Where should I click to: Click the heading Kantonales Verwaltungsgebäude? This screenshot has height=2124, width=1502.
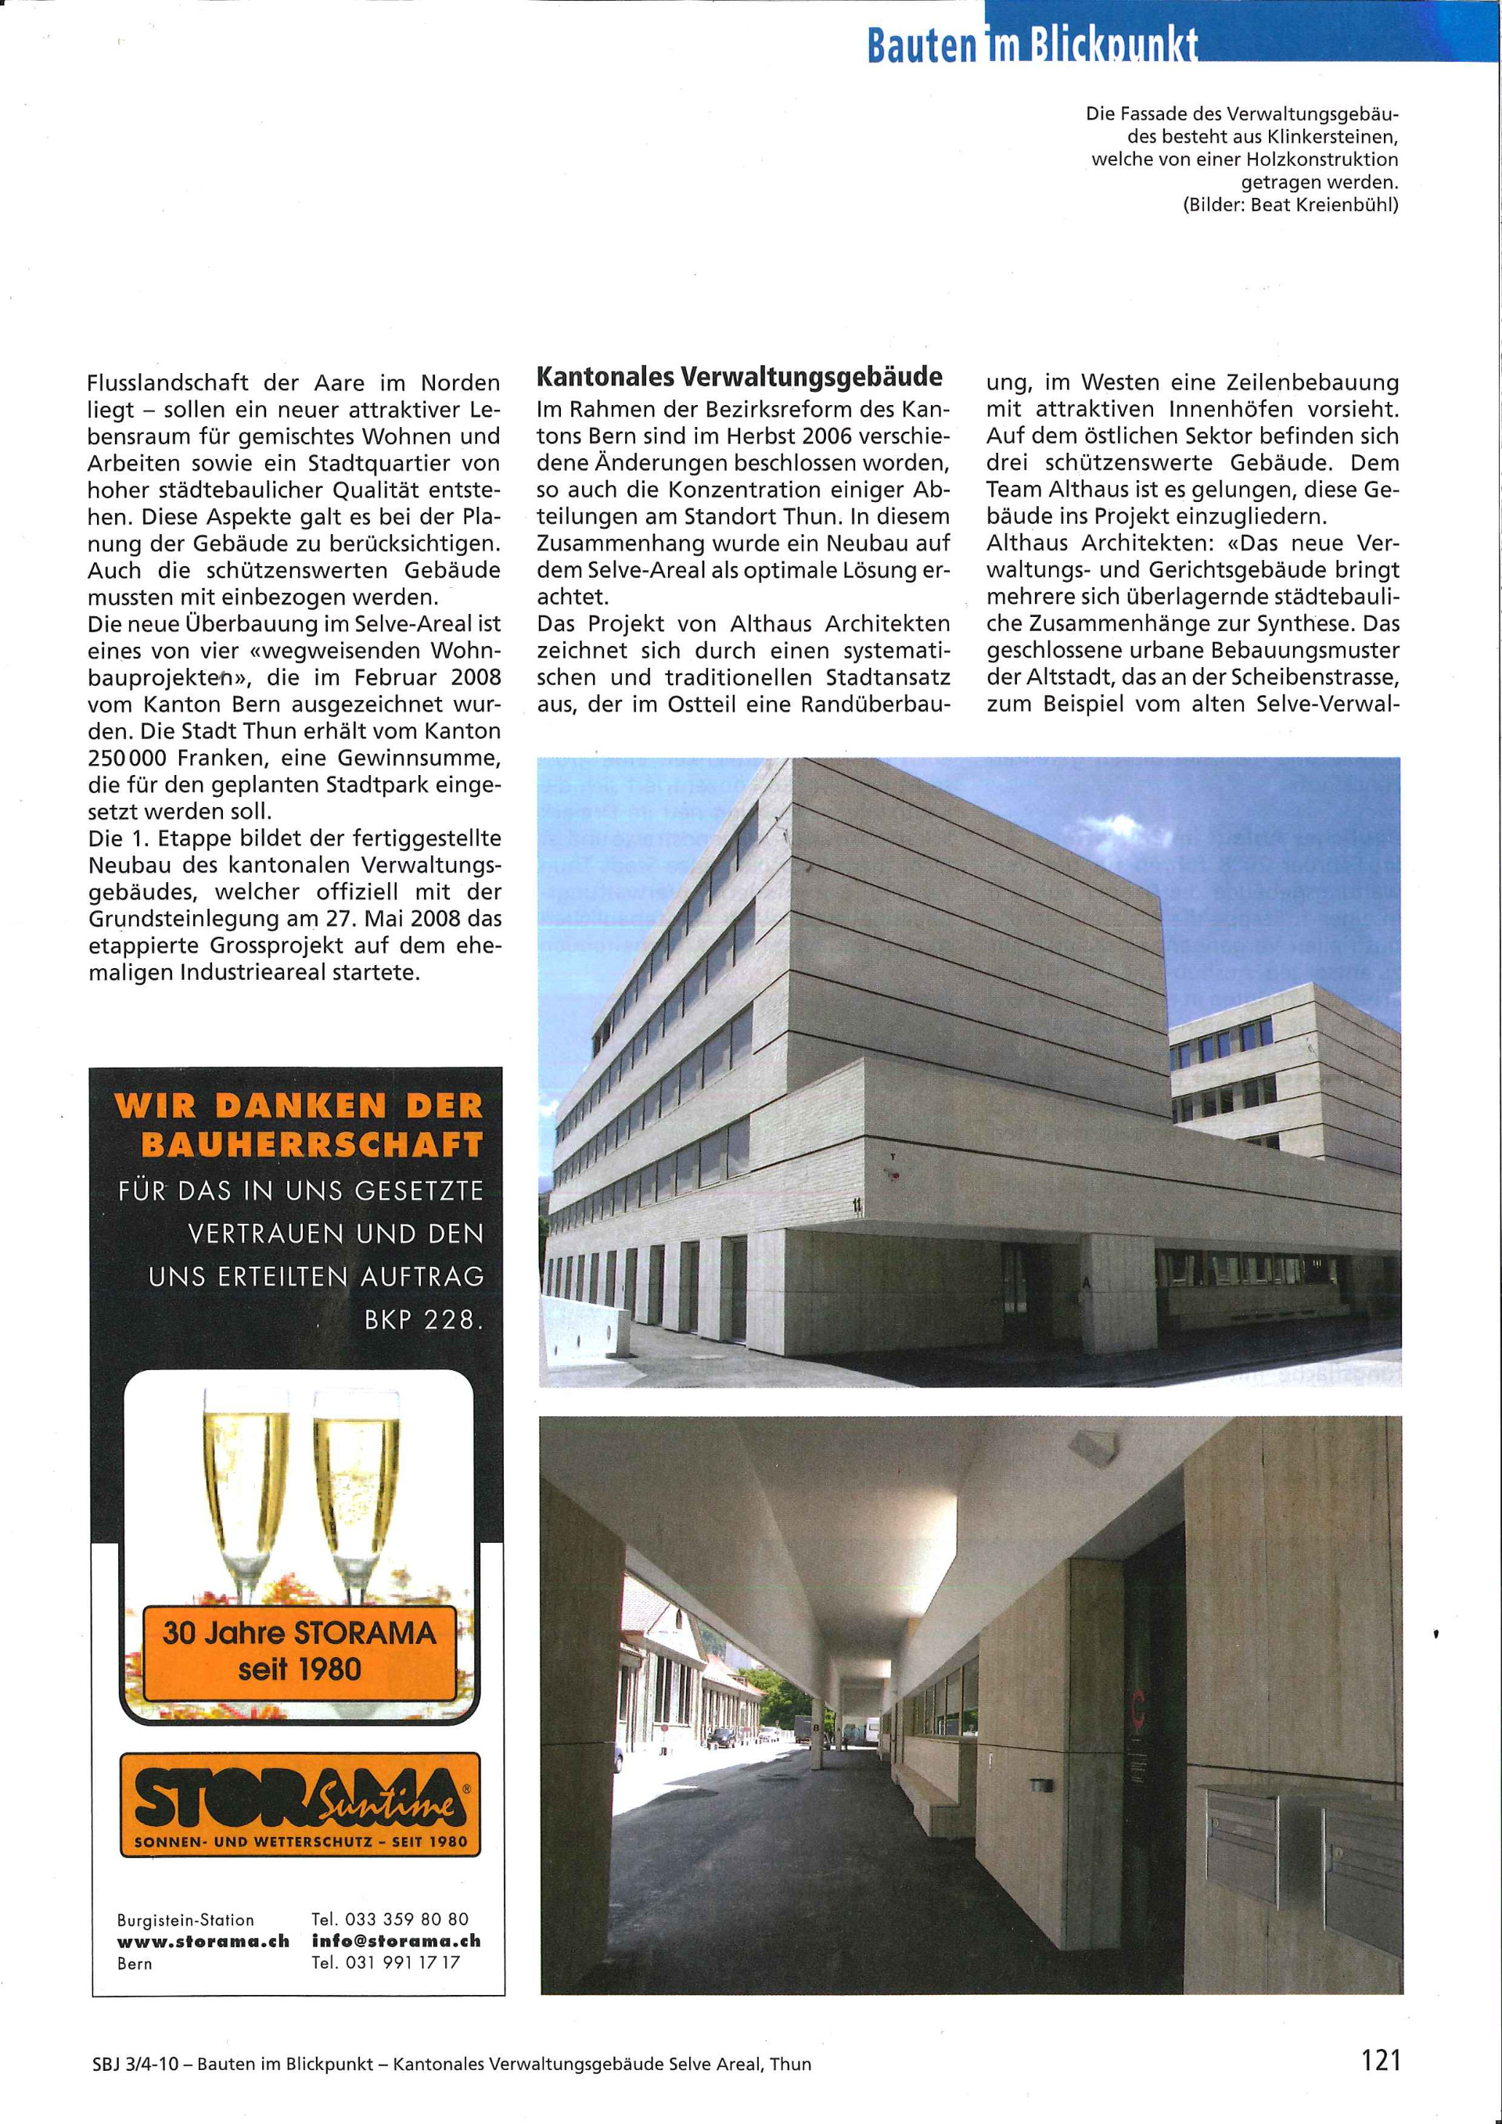(x=739, y=378)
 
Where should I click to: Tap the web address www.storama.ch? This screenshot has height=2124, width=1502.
(x=203, y=1941)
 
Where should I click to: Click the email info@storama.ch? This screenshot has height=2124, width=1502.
(x=396, y=1941)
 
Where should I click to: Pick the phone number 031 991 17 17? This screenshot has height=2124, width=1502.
(x=401, y=1962)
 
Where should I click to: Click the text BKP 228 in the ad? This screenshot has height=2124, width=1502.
(x=423, y=1320)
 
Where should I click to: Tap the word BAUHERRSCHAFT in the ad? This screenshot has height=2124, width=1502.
(x=312, y=1145)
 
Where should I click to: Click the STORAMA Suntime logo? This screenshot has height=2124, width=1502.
(x=300, y=1804)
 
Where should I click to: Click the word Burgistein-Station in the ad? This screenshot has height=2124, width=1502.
(x=185, y=1921)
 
